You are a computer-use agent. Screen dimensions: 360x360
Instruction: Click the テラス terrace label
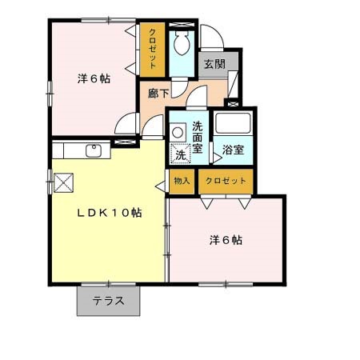(109, 302)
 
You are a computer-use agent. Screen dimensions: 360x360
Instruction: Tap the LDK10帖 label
(110, 214)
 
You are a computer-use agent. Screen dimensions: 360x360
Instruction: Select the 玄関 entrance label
(214, 65)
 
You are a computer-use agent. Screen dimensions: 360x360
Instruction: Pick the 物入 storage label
(182, 182)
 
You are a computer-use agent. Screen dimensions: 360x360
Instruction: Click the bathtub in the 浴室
(234, 125)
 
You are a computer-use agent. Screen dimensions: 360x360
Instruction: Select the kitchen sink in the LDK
(93, 150)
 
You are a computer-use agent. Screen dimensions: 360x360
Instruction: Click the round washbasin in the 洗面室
(179, 128)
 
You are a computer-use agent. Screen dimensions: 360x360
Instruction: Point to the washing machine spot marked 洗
(181, 152)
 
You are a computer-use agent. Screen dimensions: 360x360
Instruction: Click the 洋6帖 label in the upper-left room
(94, 78)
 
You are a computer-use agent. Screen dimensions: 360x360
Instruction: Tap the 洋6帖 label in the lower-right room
(226, 239)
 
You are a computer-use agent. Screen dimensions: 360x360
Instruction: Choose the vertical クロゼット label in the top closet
(152, 48)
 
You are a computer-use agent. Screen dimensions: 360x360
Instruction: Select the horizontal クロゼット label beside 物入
(226, 182)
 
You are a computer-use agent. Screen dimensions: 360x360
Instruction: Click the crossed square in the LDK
(63, 182)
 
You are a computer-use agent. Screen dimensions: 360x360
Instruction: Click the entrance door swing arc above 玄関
(209, 38)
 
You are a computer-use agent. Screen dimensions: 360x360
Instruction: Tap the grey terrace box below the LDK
(109, 302)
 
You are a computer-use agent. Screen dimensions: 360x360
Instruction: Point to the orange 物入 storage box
(182, 182)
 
